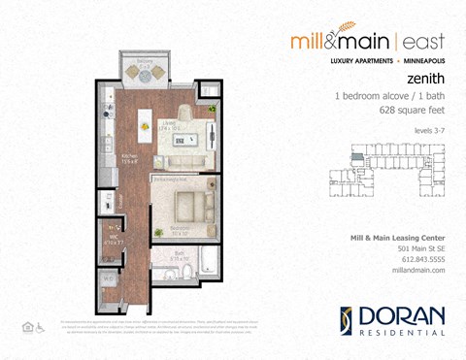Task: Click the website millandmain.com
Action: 418,270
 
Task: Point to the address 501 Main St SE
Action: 419,248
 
